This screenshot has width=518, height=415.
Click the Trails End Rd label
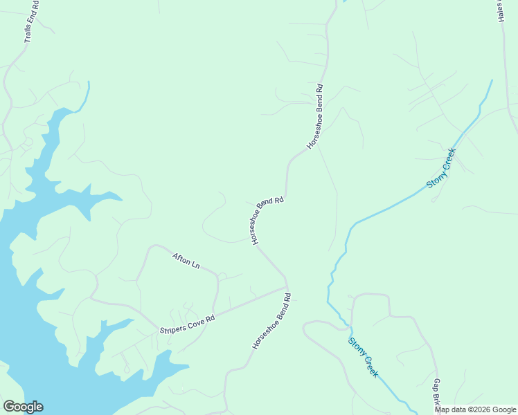click(x=32, y=21)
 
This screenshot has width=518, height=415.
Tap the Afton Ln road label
click(x=186, y=261)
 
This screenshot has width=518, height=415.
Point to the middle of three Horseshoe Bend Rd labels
click(x=267, y=220)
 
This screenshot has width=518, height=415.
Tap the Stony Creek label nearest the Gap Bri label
click(x=364, y=357)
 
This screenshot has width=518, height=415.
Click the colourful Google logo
click(x=23, y=407)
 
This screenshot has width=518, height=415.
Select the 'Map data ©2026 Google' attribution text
click(x=475, y=409)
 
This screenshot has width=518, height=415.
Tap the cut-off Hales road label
click(x=502, y=10)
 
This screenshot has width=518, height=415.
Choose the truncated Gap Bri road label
click(x=437, y=394)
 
